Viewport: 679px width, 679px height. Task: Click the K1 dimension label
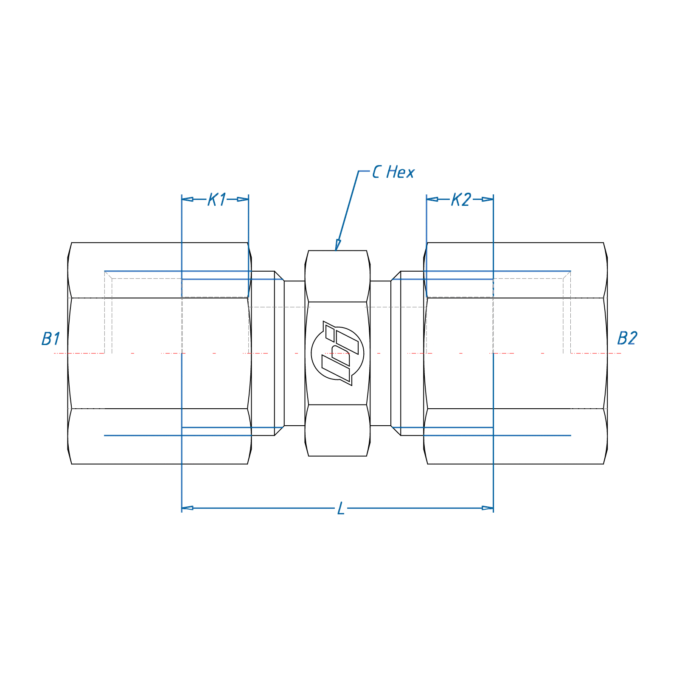(217, 199)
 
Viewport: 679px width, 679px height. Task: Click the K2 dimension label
(461, 199)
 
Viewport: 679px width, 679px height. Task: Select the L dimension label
(341, 508)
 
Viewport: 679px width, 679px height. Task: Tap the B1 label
(51, 339)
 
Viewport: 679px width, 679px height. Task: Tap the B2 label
(627, 338)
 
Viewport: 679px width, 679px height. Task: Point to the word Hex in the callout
(400, 172)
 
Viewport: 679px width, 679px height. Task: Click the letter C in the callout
(376, 172)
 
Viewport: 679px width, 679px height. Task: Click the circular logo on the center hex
(337, 353)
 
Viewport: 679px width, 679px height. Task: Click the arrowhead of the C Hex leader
(338, 245)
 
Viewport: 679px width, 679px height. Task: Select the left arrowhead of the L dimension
(188, 508)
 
